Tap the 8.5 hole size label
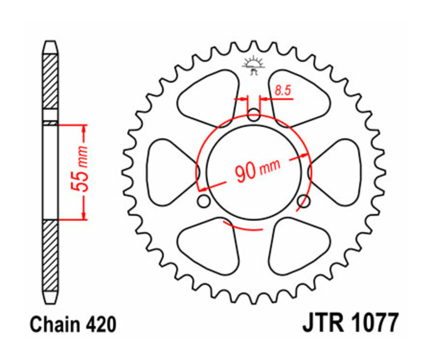point(283,90)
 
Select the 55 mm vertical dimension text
point(81,173)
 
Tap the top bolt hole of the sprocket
point(254,114)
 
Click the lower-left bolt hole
point(204,202)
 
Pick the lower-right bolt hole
point(304,202)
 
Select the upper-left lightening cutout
point(211,96)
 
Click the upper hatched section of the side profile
point(50,81)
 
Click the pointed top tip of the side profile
point(50,44)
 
